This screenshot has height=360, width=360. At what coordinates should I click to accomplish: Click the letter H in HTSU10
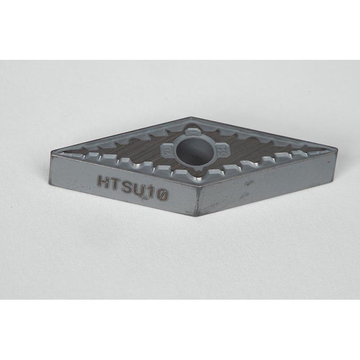pos(103,181)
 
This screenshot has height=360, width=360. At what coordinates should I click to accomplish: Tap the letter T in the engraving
pos(115,184)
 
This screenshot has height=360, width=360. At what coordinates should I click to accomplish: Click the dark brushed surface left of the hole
pos(135,148)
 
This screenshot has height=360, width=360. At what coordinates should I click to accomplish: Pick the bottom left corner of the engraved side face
pos(50,183)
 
